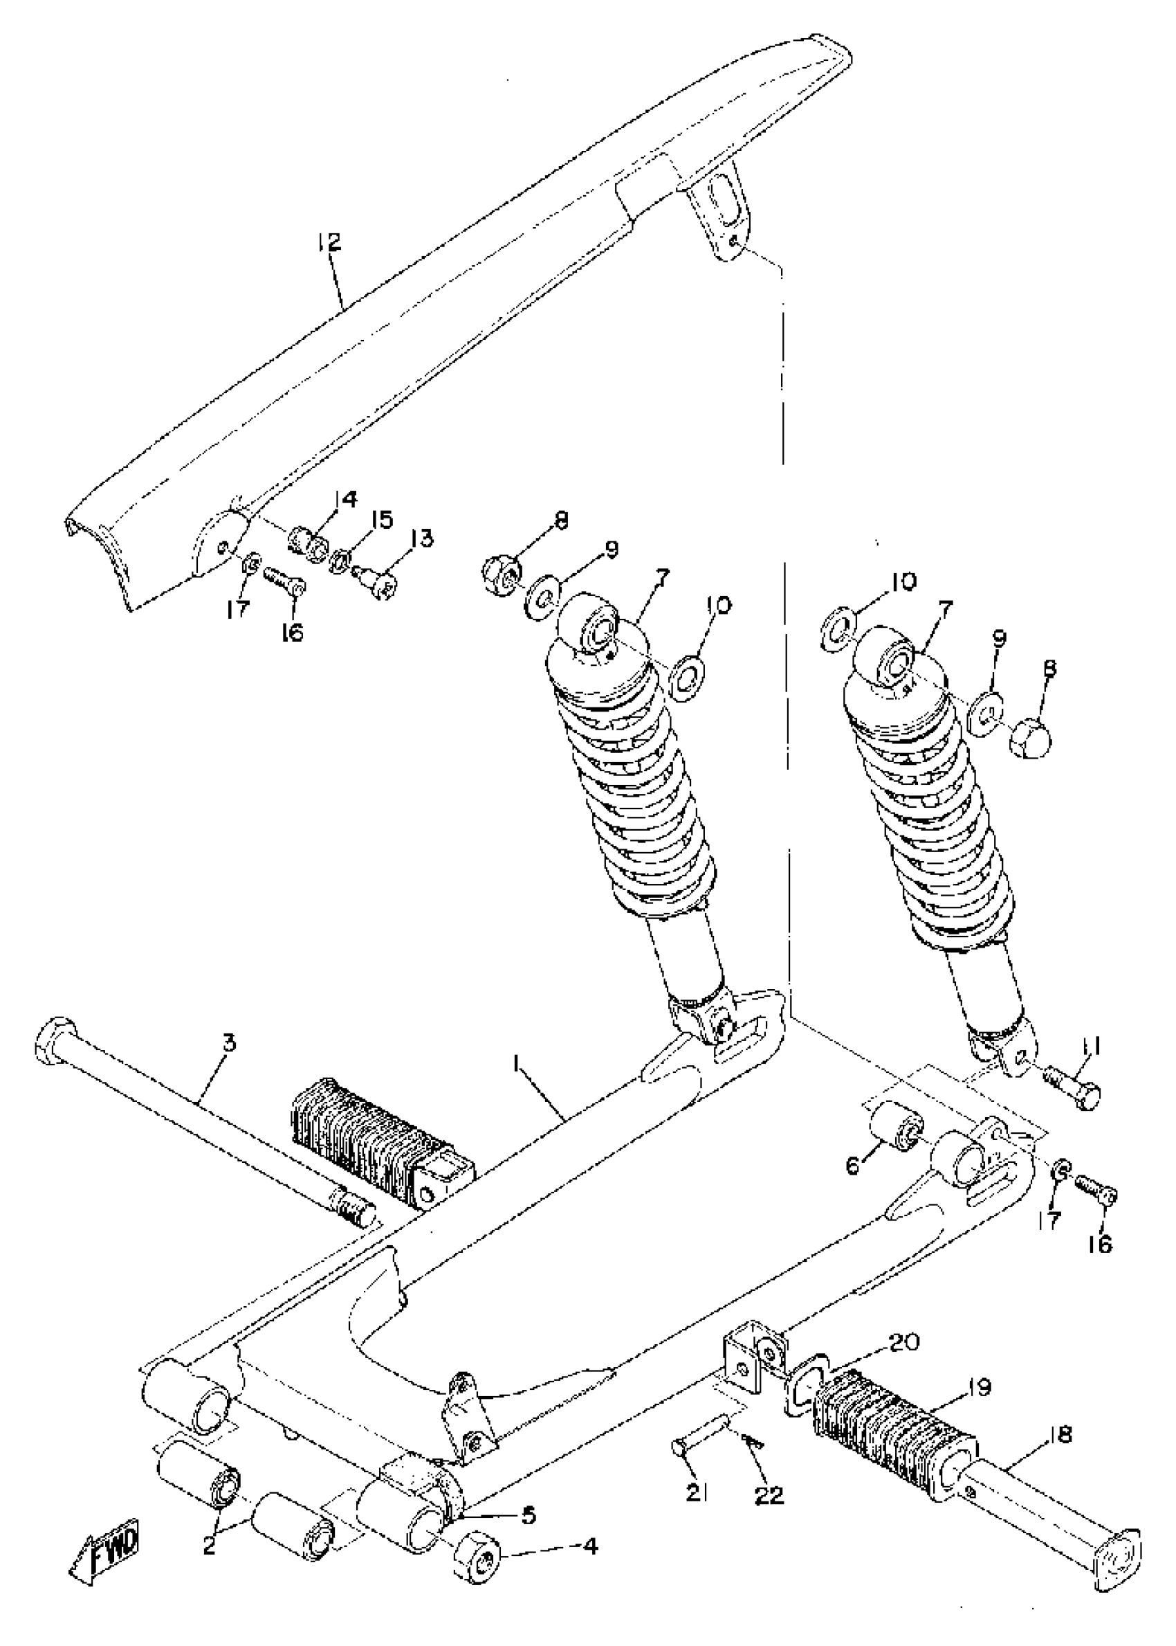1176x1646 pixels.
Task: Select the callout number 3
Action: (x=229, y=1044)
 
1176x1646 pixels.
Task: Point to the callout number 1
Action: (x=515, y=1063)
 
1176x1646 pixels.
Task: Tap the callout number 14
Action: (x=345, y=499)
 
